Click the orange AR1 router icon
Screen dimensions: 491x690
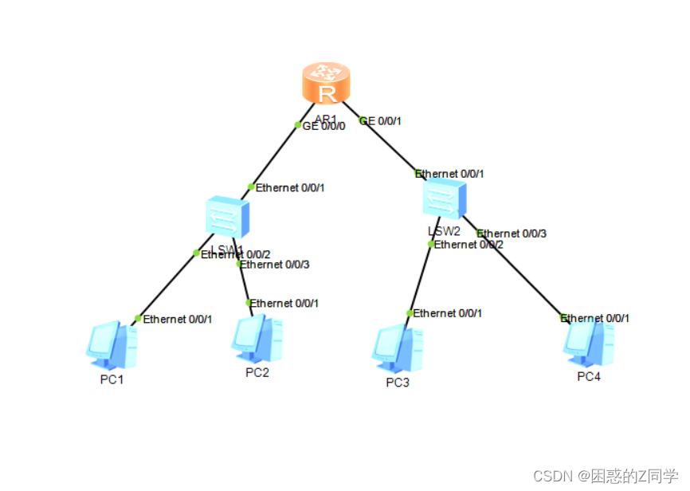pyautogui.click(x=326, y=84)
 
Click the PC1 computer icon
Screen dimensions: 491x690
pyautogui.click(x=112, y=344)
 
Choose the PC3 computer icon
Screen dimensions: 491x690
pyautogui.click(x=397, y=348)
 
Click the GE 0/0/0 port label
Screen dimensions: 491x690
pyautogui.click(x=324, y=126)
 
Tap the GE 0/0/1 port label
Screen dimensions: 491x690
pyautogui.click(x=381, y=121)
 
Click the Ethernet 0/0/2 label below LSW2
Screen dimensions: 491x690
pyautogui.click(x=468, y=245)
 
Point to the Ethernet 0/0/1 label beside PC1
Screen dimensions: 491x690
pyautogui.click(x=177, y=320)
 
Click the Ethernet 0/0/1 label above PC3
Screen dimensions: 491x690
pyautogui.click(x=447, y=313)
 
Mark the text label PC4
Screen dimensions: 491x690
pyautogui.click(x=589, y=376)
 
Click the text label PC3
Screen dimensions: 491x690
pyautogui.click(x=398, y=383)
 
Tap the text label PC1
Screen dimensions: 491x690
pyautogui.click(x=112, y=379)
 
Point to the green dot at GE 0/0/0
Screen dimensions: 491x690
pyautogui.click(x=298, y=125)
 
